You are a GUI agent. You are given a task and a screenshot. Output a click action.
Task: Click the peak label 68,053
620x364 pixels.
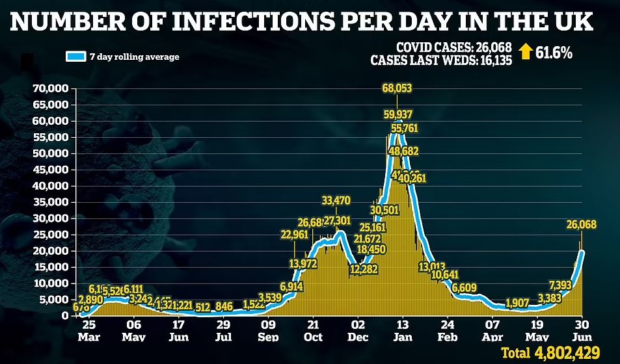[x=397, y=88]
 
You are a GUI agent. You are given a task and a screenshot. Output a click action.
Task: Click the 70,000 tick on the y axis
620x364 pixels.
[x=51, y=88]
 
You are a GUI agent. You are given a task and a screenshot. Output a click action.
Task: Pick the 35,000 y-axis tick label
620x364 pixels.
[x=51, y=202]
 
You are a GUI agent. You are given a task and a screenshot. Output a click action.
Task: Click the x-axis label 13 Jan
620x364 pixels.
[x=403, y=330]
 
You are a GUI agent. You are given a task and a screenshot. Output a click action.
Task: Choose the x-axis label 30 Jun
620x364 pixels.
[x=581, y=330]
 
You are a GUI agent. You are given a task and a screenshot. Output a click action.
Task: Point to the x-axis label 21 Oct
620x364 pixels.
[x=313, y=330]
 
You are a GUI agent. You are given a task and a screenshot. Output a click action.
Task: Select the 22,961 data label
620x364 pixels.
[x=294, y=235]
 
